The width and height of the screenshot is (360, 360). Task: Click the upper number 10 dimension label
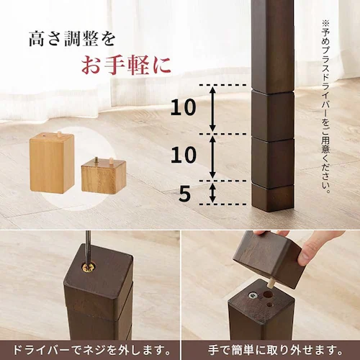coord(184,108)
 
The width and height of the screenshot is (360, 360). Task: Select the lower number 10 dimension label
coord(184,156)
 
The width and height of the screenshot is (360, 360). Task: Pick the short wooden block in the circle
coord(103,175)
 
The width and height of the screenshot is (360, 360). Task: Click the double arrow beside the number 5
coord(212,192)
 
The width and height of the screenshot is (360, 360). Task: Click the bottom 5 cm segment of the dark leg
coord(272,193)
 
